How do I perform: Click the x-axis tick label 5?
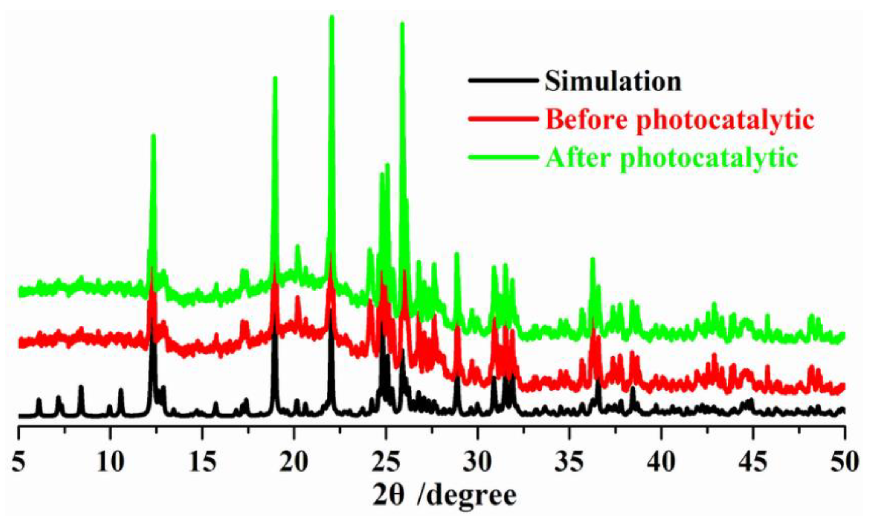[18, 462]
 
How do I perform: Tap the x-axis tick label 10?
[110, 462]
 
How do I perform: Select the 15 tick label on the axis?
[202, 462]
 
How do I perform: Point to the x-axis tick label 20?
[294, 462]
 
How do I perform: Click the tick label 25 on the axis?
[386, 462]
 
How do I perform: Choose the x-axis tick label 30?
[478, 462]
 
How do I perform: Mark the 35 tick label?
[570, 462]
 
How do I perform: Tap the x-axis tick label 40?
[662, 462]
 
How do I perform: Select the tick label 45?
[753, 462]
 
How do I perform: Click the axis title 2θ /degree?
[445, 496]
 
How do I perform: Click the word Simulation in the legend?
[613, 81]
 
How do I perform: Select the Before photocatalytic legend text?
[679, 120]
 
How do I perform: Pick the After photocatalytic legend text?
[672, 158]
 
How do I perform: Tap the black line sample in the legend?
[503, 80]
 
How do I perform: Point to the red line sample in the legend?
[503, 119]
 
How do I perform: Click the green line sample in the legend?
[503, 157]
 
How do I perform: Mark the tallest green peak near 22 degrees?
[332, 17]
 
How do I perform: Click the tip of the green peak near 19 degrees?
[275, 78]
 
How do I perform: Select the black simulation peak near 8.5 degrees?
[81, 387]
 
